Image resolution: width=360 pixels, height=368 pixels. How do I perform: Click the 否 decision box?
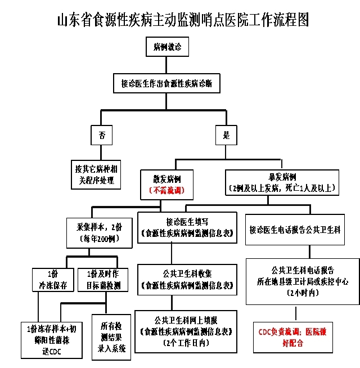(101, 135)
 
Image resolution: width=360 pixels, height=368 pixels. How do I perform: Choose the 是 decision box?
(227, 135)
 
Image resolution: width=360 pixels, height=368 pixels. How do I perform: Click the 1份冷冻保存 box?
(53, 280)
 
